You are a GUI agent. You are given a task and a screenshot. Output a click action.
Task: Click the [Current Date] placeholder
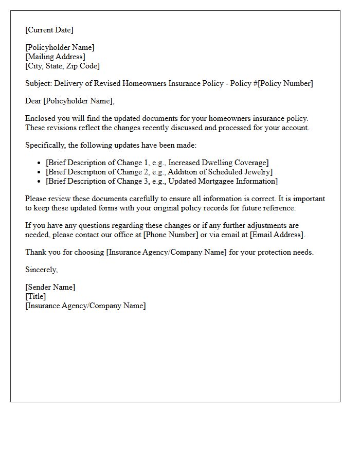pos(49,30)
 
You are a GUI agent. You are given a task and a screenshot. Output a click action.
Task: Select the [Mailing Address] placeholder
pos(56,57)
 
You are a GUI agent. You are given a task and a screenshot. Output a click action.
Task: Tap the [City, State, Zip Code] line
pos(63,66)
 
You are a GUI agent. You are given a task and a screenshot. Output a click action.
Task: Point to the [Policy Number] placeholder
pos(285,83)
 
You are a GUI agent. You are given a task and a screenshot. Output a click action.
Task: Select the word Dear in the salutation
pos(33,101)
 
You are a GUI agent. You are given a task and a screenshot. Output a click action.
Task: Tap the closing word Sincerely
pos(41,270)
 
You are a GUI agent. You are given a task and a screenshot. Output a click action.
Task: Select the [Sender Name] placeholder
pos(50,287)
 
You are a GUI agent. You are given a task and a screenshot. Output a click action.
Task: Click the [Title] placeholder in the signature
pos(35,296)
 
